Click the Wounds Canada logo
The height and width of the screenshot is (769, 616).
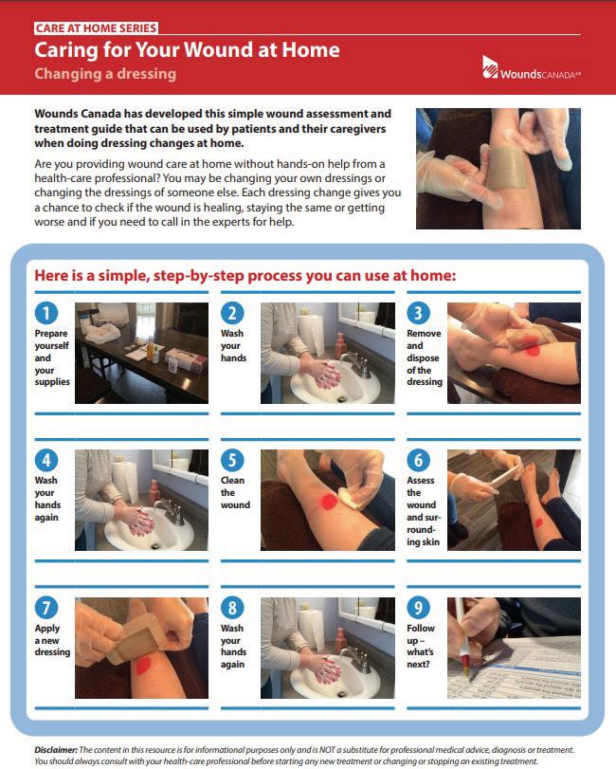point(532,67)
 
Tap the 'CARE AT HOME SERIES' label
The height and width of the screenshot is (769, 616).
point(96,27)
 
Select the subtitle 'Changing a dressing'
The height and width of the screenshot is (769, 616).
point(105,74)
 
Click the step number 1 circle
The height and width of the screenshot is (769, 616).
point(46,313)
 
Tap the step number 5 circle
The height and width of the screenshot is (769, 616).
point(232,460)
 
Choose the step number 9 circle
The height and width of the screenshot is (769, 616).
point(419,608)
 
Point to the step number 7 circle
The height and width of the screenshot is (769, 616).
point(46,608)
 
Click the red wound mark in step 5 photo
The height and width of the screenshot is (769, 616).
point(328,502)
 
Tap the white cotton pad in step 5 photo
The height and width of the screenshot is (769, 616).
point(349,497)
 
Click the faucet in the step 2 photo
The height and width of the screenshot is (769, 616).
point(355,363)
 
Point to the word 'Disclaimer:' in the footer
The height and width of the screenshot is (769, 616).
point(56,750)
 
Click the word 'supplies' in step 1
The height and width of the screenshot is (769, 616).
point(52,382)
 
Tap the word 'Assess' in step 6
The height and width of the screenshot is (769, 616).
point(421,480)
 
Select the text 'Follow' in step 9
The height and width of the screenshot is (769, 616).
point(421,629)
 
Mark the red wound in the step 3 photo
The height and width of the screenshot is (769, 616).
point(533,350)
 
